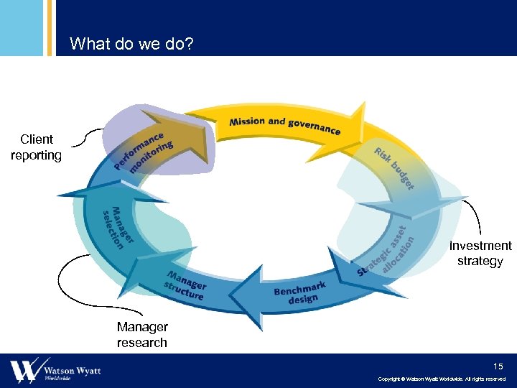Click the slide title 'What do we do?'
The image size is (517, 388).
click(131, 45)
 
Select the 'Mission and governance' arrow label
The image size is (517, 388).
click(284, 125)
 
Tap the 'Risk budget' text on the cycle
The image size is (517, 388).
click(394, 169)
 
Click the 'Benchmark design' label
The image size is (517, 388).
click(301, 292)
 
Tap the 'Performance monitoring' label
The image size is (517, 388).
click(144, 152)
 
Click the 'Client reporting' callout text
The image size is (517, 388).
click(36, 147)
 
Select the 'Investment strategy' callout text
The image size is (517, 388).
click(480, 253)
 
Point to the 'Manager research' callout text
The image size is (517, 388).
click(141, 335)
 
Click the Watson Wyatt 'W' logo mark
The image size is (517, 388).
click(24, 371)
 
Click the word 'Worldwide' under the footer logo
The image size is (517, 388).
click(58, 378)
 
